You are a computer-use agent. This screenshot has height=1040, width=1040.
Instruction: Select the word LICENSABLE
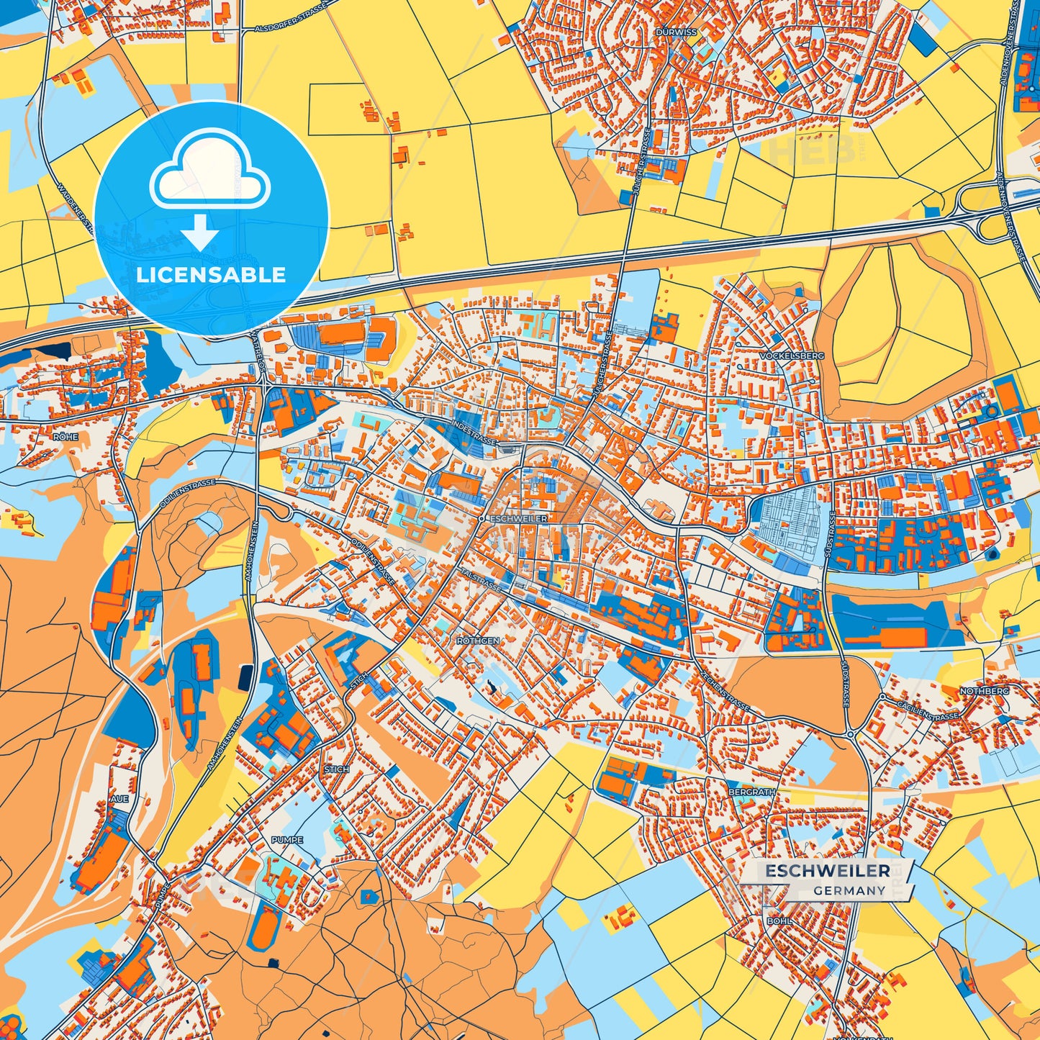click(211, 275)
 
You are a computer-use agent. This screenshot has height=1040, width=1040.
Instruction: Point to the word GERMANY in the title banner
click(849, 890)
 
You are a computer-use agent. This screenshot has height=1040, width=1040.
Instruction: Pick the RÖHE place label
click(65, 437)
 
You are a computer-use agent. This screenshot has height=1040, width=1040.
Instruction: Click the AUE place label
click(119, 799)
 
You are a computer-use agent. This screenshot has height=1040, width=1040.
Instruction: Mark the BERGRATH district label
click(752, 792)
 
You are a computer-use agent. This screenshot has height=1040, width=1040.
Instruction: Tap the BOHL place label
click(779, 921)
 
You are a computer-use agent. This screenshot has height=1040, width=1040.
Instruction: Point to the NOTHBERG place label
click(984, 691)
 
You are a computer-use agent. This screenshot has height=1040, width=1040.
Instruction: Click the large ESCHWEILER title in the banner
click(827, 871)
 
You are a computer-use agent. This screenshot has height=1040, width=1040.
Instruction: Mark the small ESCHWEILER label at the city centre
click(517, 518)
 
